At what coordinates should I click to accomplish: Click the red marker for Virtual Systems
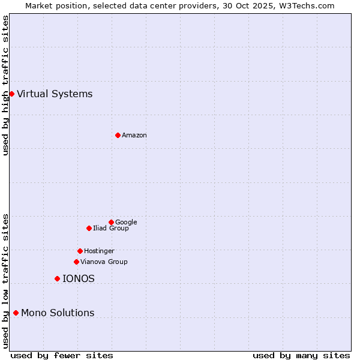[x=11, y=94]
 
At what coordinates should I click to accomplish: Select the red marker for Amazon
[x=118, y=135]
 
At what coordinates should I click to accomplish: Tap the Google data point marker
[x=111, y=222]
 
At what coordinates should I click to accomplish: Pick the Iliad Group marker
[x=89, y=228]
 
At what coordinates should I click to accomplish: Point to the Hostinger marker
[x=80, y=251]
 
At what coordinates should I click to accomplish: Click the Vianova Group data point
[x=76, y=262]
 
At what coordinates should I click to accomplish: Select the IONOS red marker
[x=57, y=278]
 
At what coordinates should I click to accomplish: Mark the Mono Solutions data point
[x=16, y=313]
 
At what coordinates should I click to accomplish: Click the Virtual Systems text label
[x=55, y=94]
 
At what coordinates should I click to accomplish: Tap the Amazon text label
[x=134, y=136]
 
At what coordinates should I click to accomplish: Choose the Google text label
[x=126, y=222]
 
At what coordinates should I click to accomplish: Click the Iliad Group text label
[x=111, y=228]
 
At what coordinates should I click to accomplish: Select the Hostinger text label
[x=99, y=251]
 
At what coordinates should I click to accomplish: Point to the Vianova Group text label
[x=104, y=262]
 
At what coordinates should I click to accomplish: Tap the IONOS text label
[x=79, y=278]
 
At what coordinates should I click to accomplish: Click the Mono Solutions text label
[x=58, y=313]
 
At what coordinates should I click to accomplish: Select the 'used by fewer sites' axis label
[x=62, y=355]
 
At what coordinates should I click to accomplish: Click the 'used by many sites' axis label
[x=301, y=355]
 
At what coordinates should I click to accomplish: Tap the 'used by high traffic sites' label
[x=5, y=85]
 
